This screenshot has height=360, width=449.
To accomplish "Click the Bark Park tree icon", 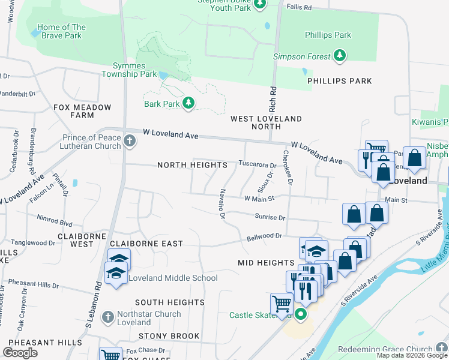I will pos(188,104).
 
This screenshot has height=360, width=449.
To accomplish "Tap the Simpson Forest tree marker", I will pos(340,56).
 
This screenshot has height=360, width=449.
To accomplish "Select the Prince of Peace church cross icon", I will pos(130,142).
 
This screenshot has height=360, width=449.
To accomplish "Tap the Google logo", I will pos(20,352).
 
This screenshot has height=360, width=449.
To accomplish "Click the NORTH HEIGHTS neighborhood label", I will pos(192,165).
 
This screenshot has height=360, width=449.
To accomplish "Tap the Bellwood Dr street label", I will pos(265,237).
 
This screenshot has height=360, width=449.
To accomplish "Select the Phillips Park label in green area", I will pos(327,35).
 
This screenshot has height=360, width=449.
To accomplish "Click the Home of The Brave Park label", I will pos(61,31).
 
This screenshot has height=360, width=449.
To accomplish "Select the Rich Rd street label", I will pos(273,94).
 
